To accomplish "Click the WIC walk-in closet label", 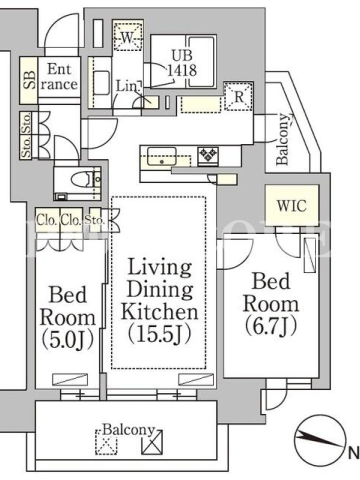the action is click(292, 205).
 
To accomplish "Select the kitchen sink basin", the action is click(161, 156).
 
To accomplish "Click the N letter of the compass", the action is click(354, 452).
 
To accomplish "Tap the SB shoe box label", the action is click(29, 80).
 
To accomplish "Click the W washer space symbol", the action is click(128, 37).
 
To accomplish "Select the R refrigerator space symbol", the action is click(238, 97).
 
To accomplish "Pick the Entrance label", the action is click(59, 77).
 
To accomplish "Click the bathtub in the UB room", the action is click(201, 61).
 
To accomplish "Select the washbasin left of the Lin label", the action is click(101, 83).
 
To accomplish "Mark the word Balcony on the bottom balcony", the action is click(128, 430).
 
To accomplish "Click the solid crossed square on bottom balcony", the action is click(152, 442).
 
